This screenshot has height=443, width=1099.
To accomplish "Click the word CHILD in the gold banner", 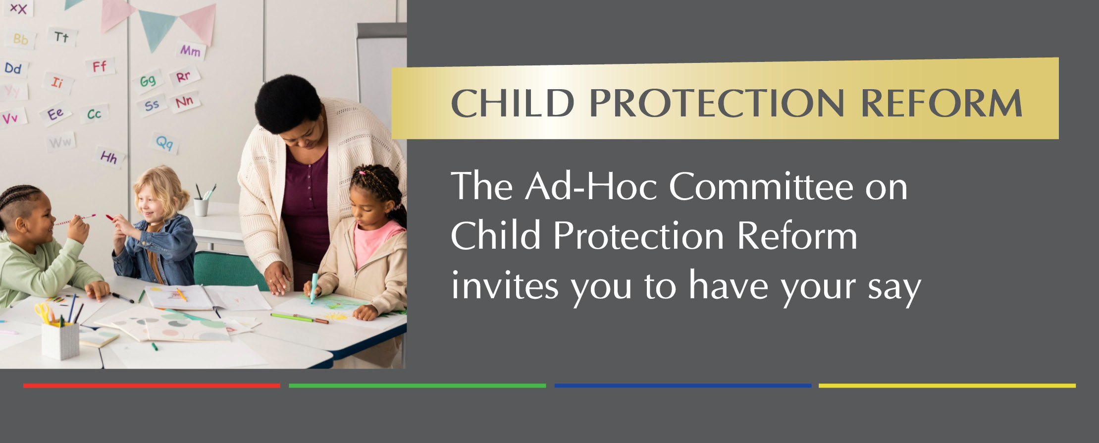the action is pyautogui.click(x=513, y=103).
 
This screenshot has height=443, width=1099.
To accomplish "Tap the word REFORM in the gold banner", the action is pyautogui.click(x=942, y=103).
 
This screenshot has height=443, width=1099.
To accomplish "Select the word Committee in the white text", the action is pyautogui.click(x=761, y=187).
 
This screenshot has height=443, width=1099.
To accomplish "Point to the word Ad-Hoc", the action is pyautogui.click(x=591, y=187).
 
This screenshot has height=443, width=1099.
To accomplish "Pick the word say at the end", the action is pyautogui.click(x=894, y=290).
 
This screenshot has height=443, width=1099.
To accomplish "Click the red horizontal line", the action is pyautogui.click(x=152, y=386).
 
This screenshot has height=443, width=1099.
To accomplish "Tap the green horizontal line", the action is pyautogui.click(x=417, y=386).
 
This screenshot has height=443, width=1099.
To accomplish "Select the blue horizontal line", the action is pyautogui.click(x=683, y=386).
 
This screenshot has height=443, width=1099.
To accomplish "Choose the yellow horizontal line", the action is pyautogui.click(x=947, y=386).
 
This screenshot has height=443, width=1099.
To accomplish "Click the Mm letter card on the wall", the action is pyautogui.click(x=191, y=51).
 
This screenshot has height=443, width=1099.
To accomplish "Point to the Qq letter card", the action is pyautogui.click(x=164, y=143).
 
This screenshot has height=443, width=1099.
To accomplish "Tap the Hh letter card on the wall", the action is pyautogui.click(x=109, y=158).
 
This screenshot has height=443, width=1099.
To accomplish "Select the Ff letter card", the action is pyautogui.click(x=99, y=66).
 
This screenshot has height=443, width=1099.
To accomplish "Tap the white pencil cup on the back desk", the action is pyautogui.click(x=201, y=207).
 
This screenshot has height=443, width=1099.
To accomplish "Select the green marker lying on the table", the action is pyautogui.click(x=292, y=317).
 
